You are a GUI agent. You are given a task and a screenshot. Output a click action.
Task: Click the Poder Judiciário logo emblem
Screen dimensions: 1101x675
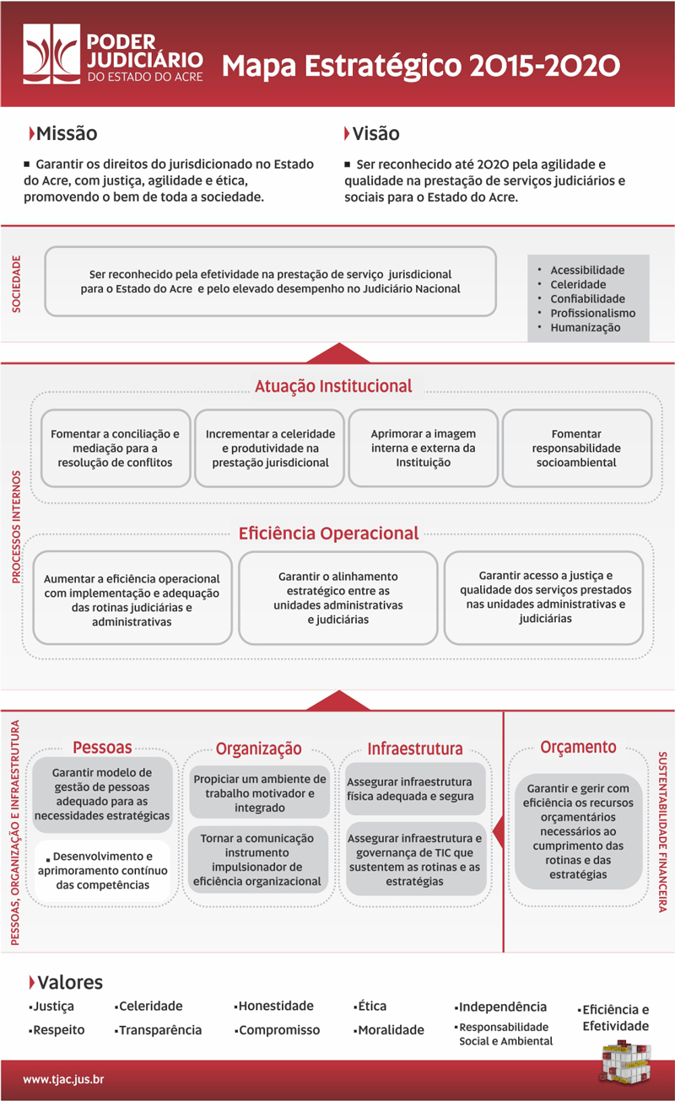tap(51, 55)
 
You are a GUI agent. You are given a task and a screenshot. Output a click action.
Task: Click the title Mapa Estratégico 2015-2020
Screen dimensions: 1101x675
tap(421, 65)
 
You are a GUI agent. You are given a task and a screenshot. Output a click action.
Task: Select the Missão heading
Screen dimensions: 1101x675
tap(66, 133)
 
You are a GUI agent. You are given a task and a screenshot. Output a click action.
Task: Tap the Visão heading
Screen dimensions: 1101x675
tap(375, 133)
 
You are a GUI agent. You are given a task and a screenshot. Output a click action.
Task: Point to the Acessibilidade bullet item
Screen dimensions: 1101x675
tap(587, 270)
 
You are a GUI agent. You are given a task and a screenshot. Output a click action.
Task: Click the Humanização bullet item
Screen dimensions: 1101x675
tap(585, 327)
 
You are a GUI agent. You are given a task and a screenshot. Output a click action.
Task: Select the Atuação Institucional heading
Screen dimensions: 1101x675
tap(333, 386)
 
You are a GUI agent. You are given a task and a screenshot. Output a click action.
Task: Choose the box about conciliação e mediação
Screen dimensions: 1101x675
tap(116, 448)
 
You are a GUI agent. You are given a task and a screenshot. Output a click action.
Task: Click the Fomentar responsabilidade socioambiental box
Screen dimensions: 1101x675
tap(576, 448)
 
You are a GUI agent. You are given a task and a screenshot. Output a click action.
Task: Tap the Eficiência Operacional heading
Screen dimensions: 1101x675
tap(328, 533)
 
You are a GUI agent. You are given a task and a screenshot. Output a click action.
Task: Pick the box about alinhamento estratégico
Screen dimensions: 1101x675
tap(337, 598)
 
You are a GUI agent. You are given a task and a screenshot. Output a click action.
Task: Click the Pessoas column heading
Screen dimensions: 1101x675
tap(102, 747)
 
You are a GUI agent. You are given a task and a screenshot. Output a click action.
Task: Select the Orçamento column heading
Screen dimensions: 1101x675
tap(578, 747)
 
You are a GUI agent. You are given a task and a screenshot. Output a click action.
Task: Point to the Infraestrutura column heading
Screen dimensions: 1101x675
tap(414, 749)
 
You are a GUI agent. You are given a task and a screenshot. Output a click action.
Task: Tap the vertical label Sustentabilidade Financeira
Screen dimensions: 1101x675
tap(662, 830)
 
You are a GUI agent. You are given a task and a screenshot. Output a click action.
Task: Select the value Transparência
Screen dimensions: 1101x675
tap(159, 1029)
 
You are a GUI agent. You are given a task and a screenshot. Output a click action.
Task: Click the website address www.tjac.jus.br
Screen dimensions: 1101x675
tap(63, 1079)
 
